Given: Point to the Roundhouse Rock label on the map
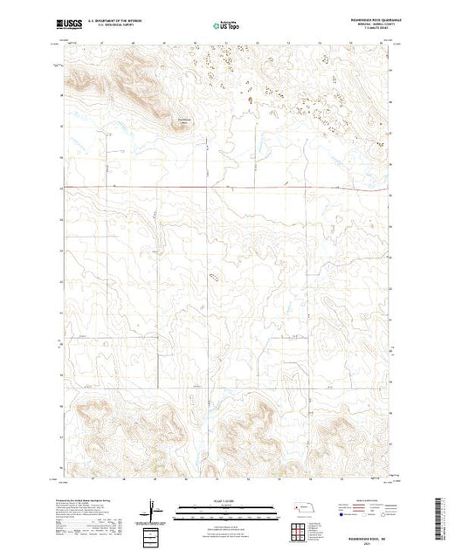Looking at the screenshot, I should click(183, 120).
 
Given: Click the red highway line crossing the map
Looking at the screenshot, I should click(227, 188).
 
